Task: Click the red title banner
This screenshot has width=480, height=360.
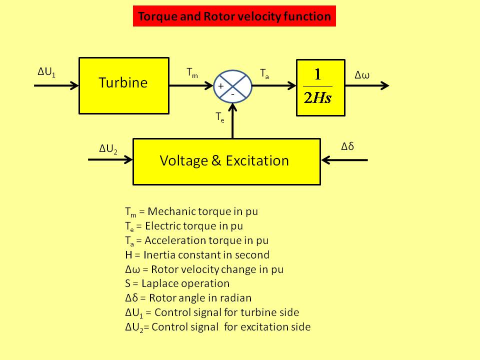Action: click(234, 16)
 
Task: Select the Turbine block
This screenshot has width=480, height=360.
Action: click(123, 85)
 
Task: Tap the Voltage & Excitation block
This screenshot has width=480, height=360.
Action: click(226, 161)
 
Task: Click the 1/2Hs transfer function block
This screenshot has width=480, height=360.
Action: click(320, 87)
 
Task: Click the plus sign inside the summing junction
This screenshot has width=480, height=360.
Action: click(221, 86)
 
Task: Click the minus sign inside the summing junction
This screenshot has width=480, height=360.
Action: click(232, 93)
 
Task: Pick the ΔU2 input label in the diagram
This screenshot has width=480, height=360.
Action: click(108, 148)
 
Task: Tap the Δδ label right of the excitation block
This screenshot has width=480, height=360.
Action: click(347, 146)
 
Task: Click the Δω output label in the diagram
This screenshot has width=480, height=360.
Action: click(362, 75)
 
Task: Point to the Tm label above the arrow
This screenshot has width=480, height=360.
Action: click(192, 72)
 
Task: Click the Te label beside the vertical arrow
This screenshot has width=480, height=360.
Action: click(220, 117)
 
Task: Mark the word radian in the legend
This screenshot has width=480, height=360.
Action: click(236, 298)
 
